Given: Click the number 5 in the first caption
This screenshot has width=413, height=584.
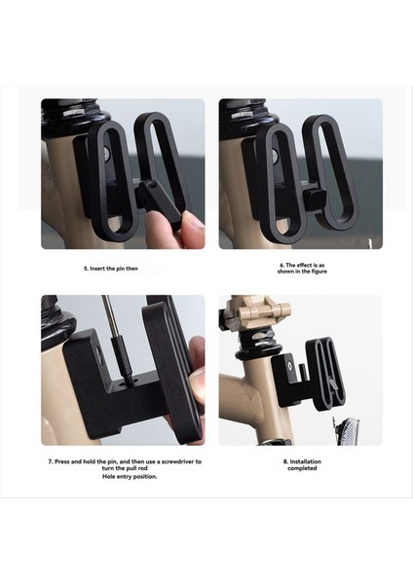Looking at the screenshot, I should click(84, 267).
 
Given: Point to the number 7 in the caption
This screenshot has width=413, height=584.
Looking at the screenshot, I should click(51, 461).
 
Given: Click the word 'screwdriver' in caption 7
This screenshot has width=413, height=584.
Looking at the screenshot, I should click(179, 461).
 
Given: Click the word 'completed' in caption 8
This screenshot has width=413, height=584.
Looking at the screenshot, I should click(301, 469).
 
